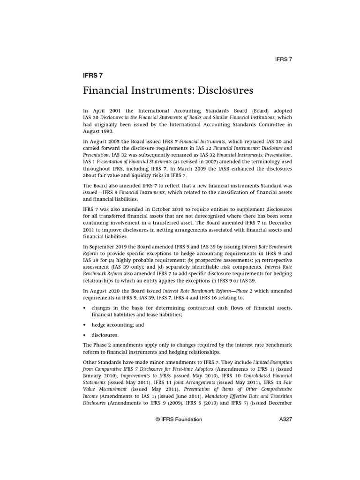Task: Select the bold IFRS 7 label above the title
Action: point(93,75)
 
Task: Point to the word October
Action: point(169,209)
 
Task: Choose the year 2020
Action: point(117,290)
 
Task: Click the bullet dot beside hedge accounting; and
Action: point(84,324)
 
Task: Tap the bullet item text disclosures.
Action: point(105,335)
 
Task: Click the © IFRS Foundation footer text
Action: point(179,420)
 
